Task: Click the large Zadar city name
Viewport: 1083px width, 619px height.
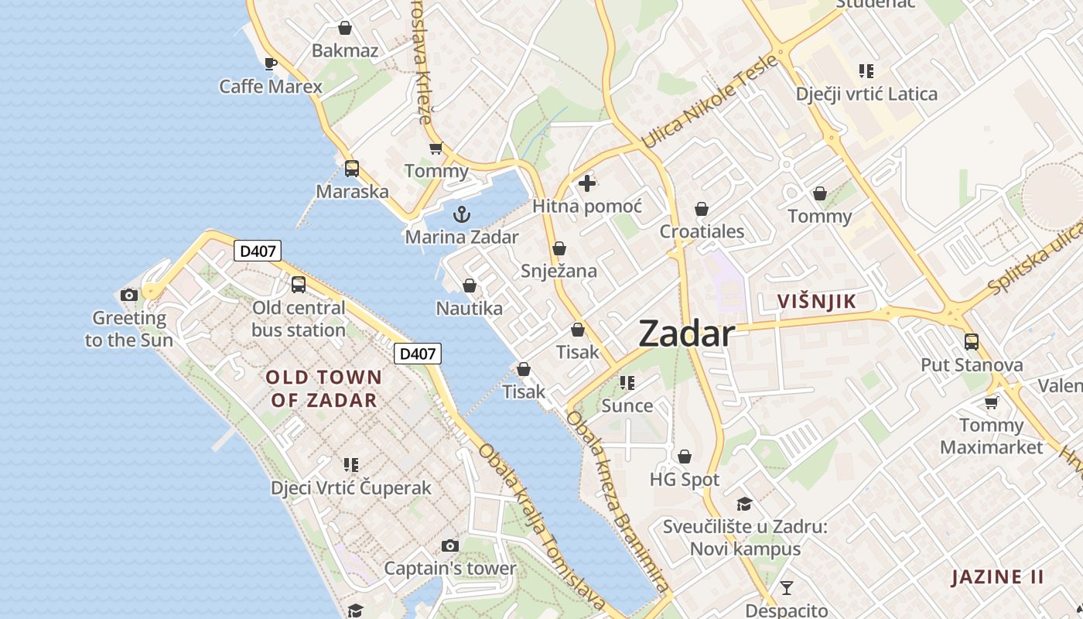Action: click(686, 333)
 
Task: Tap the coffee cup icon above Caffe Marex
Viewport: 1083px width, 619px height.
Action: click(270, 63)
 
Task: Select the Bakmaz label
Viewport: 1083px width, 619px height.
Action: click(345, 51)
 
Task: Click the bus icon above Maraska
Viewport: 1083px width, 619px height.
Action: click(352, 168)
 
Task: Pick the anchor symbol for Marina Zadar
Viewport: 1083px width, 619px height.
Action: click(462, 214)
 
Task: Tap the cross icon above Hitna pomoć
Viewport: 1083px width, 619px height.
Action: click(587, 183)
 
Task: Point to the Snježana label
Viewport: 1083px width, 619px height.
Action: click(559, 271)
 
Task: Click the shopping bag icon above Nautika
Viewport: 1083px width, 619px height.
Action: click(469, 286)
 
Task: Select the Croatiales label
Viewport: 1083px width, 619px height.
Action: click(702, 231)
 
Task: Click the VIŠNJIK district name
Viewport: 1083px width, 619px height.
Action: click(817, 302)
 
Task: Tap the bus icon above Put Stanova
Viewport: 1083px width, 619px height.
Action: click(972, 341)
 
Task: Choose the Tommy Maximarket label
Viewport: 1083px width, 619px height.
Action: click(992, 436)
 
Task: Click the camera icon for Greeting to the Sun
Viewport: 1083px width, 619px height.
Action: click(129, 295)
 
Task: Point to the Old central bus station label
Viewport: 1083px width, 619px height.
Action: click(299, 319)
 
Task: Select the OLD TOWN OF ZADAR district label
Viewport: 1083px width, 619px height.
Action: click(323, 388)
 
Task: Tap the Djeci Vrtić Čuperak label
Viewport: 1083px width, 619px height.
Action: click(351, 488)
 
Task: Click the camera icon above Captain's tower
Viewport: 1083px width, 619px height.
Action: click(450, 545)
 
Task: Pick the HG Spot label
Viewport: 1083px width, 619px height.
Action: click(685, 480)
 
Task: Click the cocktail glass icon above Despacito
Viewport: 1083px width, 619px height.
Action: click(787, 587)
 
